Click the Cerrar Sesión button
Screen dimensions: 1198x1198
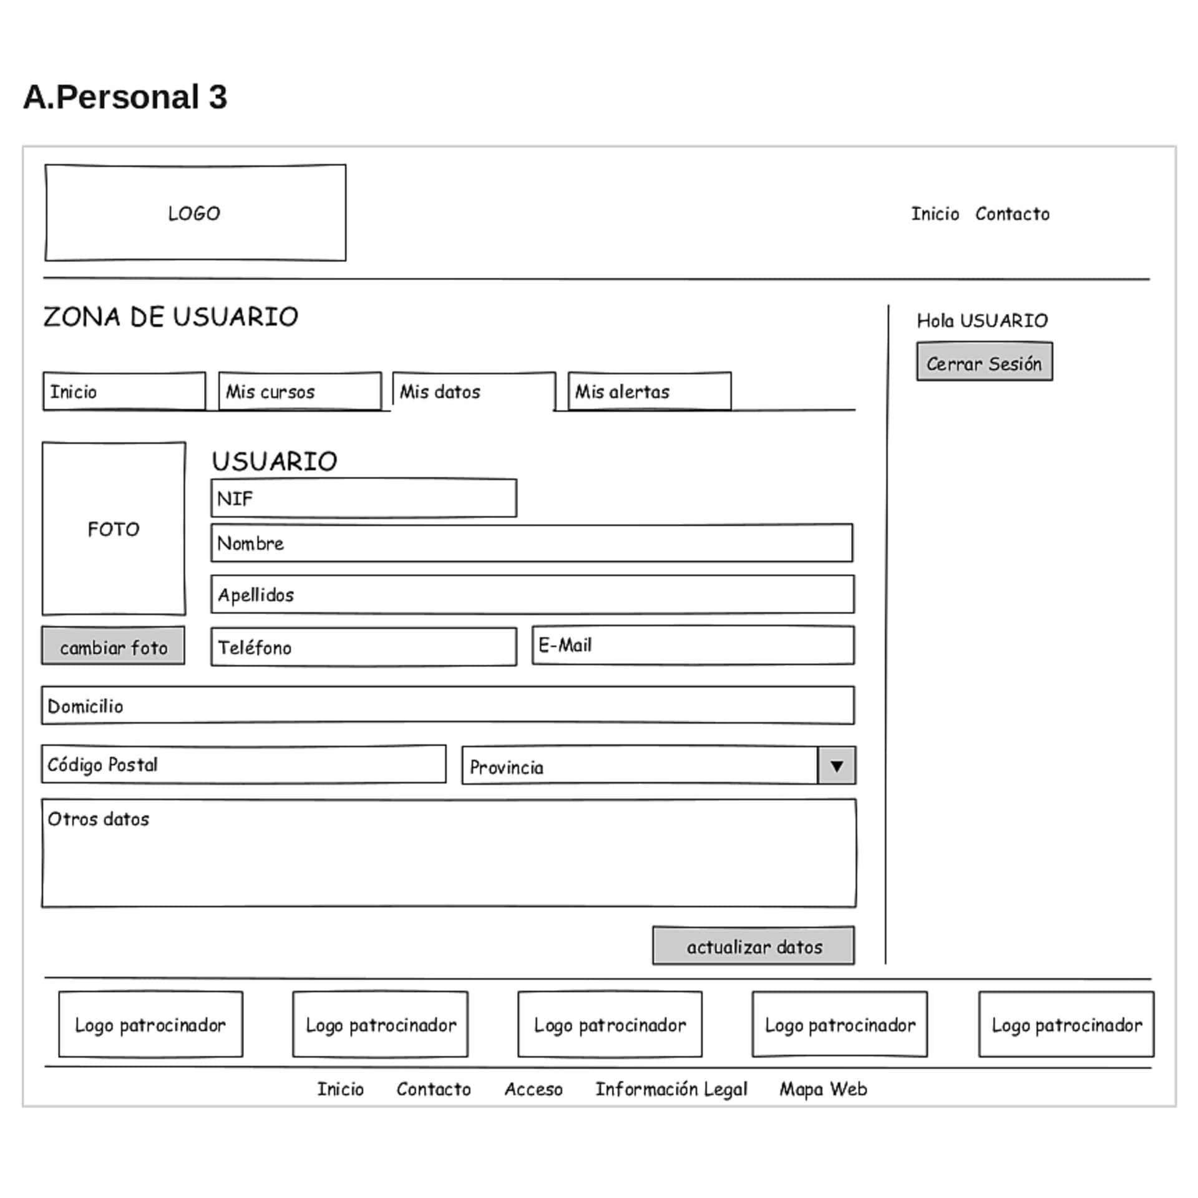[x=984, y=362]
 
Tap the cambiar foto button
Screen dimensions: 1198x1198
[x=113, y=646]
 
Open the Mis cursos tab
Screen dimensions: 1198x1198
[x=299, y=392]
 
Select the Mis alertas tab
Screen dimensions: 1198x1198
[x=649, y=392]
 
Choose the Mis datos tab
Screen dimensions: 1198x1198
[x=474, y=392]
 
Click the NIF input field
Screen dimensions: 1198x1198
[x=363, y=499]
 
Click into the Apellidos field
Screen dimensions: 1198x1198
[x=532, y=595]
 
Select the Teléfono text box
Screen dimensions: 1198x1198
[x=363, y=647]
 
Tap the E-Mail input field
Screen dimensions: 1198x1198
[x=693, y=645]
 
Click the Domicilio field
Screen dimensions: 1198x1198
[x=447, y=706]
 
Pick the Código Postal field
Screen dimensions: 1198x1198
[x=243, y=764]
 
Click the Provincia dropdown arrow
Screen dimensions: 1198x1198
[x=836, y=766]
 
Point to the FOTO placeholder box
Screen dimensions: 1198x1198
[x=114, y=529]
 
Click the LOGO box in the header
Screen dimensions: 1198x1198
[x=195, y=213]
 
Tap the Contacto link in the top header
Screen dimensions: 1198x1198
[x=1012, y=214]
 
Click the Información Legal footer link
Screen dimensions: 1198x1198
[x=671, y=1089]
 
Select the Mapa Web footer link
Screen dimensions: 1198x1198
[x=823, y=1089]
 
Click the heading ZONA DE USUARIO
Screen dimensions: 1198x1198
[x=170, y=317]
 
